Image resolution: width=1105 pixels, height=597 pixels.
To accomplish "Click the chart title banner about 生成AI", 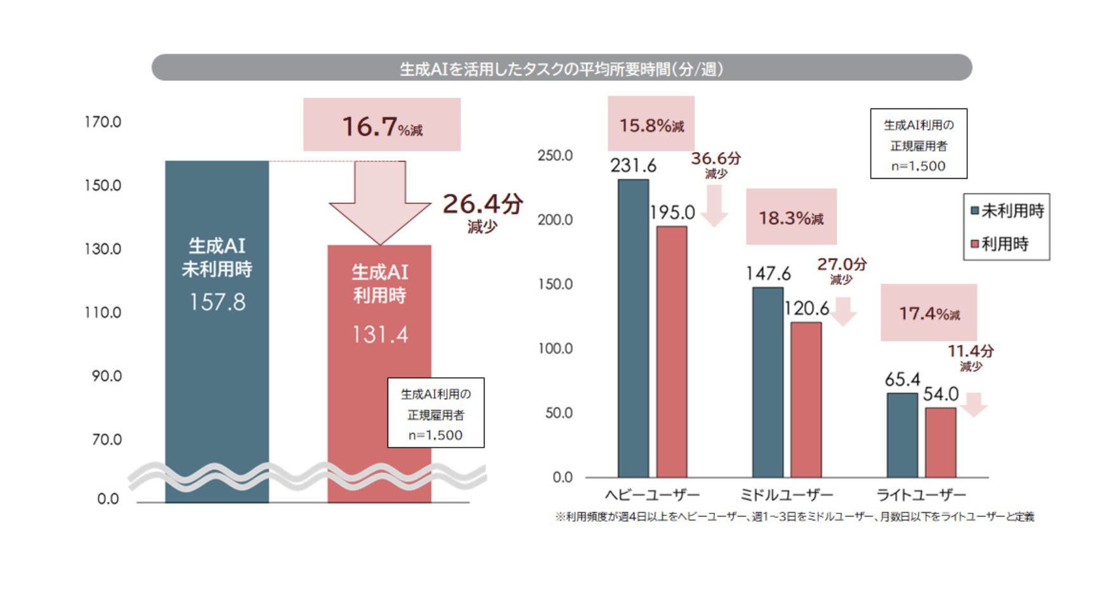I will point(561,68).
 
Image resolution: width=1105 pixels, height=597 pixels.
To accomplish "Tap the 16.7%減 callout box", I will point(382,125).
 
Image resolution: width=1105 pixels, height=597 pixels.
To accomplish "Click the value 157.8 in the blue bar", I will point(217,302).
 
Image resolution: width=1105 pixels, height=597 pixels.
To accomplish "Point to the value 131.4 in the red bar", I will point(380,335).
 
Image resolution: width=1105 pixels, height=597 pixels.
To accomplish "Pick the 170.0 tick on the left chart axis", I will point(103,122).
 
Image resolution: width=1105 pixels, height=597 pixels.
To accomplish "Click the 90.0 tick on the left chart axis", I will point(106,376).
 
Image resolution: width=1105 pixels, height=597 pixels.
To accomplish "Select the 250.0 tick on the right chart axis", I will point(555,156).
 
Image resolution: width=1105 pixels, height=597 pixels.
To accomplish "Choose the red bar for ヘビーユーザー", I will point(672,352).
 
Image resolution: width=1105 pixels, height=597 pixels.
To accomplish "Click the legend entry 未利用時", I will point(1007,211).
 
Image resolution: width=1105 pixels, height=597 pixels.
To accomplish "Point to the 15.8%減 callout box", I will point(651,125).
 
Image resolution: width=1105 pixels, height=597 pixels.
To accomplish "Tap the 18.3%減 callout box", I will point(791,217).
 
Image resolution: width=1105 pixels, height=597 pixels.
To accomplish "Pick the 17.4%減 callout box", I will point(929,313).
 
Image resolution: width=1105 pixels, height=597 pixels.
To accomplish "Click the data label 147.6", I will point(768,274).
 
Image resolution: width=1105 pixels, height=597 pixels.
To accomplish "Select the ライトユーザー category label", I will point(920,495).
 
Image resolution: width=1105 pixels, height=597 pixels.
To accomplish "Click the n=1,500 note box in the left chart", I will point(436,413).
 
